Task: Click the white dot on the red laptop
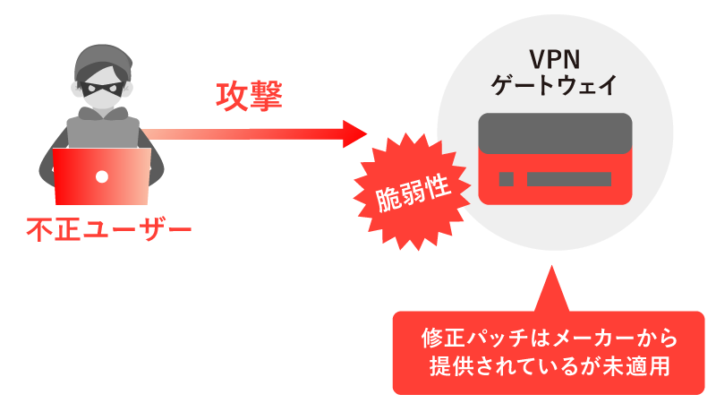(x=101, y=176)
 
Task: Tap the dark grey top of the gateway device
(x=555, y=133)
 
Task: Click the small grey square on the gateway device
(x=507, y=178)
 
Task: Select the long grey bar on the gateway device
(x=568, y=178)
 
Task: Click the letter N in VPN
(x=570, y=63)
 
